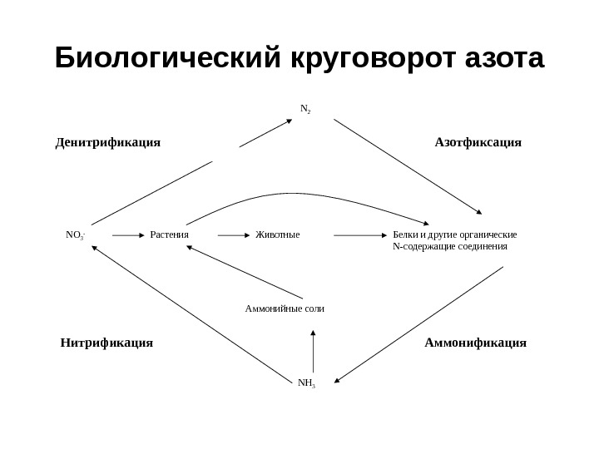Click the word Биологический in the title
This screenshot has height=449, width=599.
[x=170, y=60]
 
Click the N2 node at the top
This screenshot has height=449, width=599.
[x=304, y=109]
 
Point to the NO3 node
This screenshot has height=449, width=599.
[x=75, y=235]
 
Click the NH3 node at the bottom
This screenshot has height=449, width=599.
[x=306, y=383]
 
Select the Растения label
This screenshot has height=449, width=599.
[x=170, y=234]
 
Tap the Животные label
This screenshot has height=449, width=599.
[x=277, y=234]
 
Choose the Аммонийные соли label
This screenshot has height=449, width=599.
[x=285, y=308]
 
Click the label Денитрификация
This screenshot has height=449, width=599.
[x=107, y=142]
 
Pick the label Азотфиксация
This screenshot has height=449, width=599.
[x=478, y=142]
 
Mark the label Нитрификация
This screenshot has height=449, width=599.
[x=106, y=342]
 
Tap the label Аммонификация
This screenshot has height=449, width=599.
[x=476, y=342]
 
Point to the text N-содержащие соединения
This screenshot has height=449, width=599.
[x=449, y=246]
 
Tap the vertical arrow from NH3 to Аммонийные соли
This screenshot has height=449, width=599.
[x=313, y=352]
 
